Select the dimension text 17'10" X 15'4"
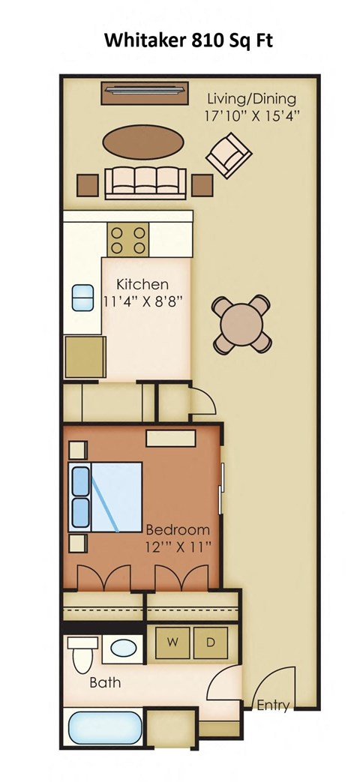click(252, 116)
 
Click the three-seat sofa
click(145, 182)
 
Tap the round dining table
click(241, 322)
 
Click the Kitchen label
click(142, 285)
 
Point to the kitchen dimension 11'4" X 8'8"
click(142, 302)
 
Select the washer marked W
click(172, 643)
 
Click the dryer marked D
click(211, 643)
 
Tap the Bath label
click(105, 683)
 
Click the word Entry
click(273, 705)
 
